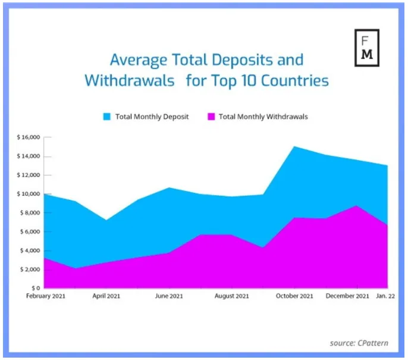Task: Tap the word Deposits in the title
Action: click(242, 60)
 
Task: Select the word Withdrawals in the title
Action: click(130, 80)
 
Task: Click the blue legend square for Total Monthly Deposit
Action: click(106, 117)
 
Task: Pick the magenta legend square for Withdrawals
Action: click(211, 117)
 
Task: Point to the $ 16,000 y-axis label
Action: click(29, 137)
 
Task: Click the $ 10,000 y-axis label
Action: click(29, 194)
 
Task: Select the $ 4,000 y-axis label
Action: click(30, 251)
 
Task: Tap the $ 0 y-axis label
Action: click(36, 288)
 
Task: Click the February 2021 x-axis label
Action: click(46, 296)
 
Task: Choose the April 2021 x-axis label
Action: click(106, 296)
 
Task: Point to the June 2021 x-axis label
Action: click(169, 296)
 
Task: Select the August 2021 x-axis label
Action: click(232, 296)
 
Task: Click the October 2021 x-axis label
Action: click(294, 296)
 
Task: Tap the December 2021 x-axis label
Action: click(347, 296)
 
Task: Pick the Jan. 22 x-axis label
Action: click(385, 296)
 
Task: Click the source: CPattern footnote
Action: click(359, 343)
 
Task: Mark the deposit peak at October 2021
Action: click(294, 146)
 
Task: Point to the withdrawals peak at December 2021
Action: click(357, 206)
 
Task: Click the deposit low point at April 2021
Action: click(106, 220)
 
